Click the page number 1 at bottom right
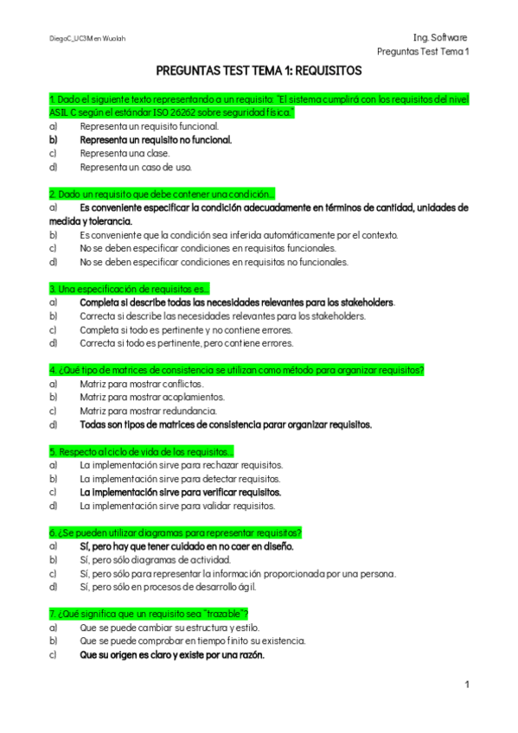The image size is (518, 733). click(467, 685)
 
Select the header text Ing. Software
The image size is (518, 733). click(440, 38)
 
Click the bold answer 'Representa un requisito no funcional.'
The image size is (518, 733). click(156, 139)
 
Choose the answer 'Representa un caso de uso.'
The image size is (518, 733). click(136, 167)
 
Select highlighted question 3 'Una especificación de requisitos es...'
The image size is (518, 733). click(129, 289)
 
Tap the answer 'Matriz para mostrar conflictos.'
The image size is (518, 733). click(142, 384)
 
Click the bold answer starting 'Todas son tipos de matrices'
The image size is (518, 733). click(226, 424)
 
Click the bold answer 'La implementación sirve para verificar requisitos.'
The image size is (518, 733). click(180, 492)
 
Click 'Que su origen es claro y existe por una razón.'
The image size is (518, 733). click(172, 655)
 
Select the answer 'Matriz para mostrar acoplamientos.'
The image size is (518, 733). click(152, 398)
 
